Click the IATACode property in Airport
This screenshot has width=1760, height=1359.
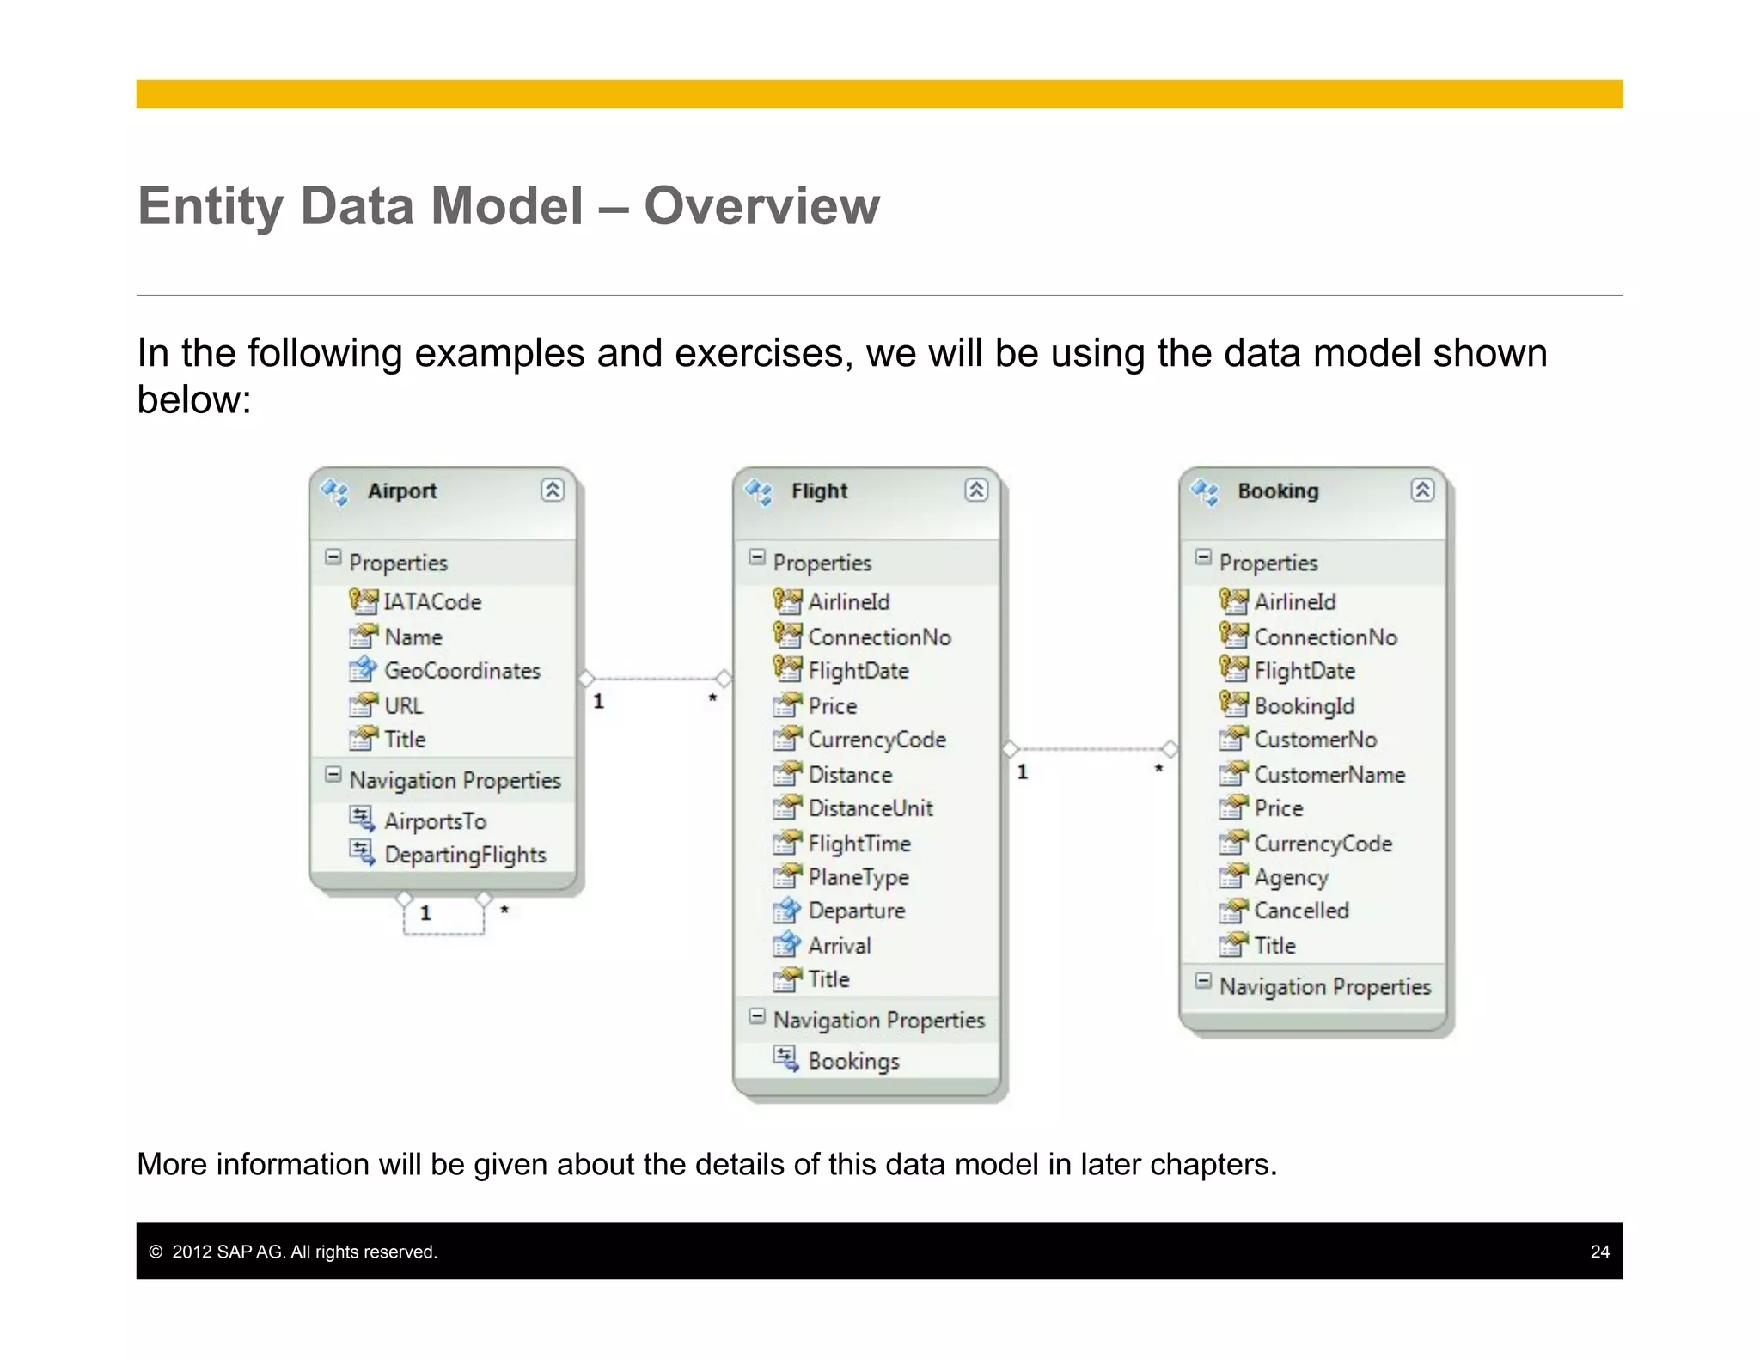pos(431,602)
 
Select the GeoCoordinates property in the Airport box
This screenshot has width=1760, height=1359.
pos(461,671)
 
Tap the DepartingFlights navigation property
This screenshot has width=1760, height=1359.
pos(464,856)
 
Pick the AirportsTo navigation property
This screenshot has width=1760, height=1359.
pos(434,821)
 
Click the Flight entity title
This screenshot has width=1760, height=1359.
pos(819,491)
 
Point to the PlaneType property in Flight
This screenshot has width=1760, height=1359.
pos(858,877)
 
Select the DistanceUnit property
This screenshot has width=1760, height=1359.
pos(870,808)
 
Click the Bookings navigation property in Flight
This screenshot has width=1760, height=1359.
pos(853,1061)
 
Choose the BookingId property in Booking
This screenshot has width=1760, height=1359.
pos(1304,706)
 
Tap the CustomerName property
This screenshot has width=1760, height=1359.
pos(1329,775)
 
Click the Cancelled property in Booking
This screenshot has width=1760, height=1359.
pos(1301,911)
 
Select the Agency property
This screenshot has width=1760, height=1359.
pos(1291,877)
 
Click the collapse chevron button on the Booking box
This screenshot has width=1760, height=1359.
pos(1422,491)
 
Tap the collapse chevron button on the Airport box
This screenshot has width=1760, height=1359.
pos(553,491)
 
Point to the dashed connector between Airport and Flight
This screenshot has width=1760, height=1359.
pos(655,679)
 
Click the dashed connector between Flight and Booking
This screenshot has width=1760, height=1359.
pos(1090,749)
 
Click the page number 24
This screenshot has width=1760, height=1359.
pos(1599,1252)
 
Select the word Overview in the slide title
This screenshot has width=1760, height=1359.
pos(761,206)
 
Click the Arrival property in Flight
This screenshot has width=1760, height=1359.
pos(839,946)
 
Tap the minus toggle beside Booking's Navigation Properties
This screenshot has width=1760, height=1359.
pos(1203,981)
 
